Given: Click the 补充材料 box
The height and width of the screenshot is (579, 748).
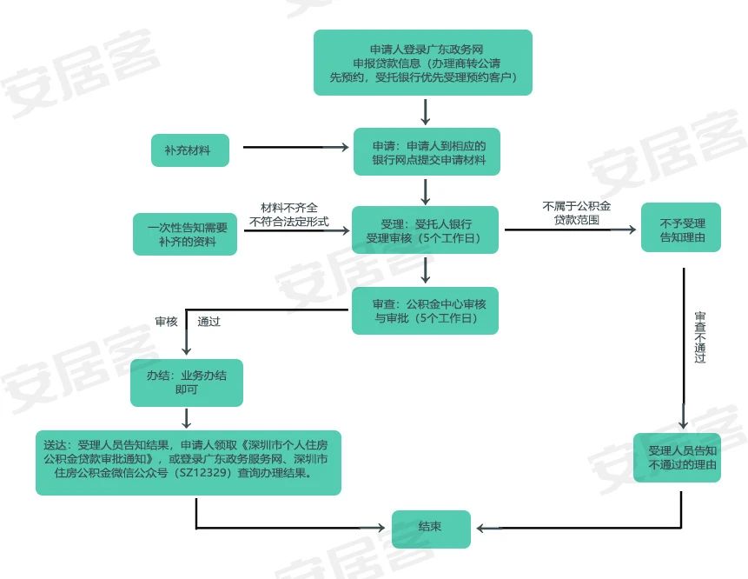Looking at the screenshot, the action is (x=190, y=150).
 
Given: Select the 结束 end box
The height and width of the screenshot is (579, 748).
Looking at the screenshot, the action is (x=431, y=529).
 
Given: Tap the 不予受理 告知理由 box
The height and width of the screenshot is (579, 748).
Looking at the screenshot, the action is (x=681, y=227).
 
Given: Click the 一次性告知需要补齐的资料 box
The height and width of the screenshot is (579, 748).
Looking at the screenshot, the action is (x=185, y=235).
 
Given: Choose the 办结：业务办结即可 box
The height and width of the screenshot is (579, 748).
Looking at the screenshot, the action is (x=187, y=383).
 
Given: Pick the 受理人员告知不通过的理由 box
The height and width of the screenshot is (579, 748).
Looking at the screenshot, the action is (x=677, y=457).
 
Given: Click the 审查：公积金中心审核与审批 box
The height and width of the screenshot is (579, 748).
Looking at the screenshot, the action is (x=425, y=310).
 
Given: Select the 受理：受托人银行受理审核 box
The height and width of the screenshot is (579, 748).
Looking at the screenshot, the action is (x=425, y=230).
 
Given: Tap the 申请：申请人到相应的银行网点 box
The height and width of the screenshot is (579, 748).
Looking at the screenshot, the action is (x=427, y=152).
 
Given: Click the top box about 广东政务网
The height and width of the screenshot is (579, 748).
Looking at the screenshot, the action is (x=423, y=63).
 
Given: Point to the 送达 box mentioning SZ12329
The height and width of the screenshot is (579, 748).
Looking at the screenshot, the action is (x=189, y=463).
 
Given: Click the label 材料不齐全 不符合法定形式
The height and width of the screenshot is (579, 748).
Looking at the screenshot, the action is (x=289, y=215).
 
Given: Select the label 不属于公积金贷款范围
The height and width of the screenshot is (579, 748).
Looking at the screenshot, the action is (x=576, y=213).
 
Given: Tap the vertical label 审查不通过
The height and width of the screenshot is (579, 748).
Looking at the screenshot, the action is (x=700, y=337).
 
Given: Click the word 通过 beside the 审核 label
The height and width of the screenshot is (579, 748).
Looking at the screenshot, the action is (x=209, y=322).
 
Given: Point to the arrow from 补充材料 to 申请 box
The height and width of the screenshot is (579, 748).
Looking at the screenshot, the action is (x=295, y=147).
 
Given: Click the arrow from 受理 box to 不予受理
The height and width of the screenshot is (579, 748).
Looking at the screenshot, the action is (x=570, y=230).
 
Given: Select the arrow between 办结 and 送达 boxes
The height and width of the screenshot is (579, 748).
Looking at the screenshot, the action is (x=187, y=418).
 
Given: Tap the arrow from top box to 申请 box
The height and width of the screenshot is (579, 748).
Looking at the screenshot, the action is (x=426, y=112).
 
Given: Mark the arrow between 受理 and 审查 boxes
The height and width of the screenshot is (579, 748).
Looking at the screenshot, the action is (x=426, y=270).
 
